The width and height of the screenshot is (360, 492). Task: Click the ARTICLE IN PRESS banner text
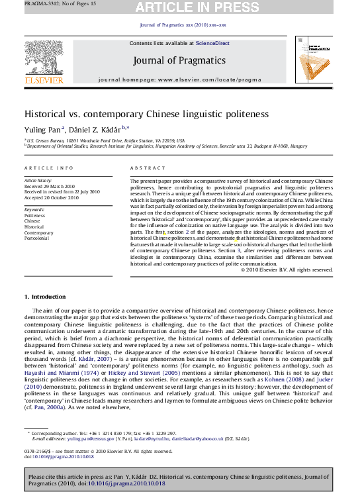[197, 8]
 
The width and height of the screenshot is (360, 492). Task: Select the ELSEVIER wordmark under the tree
[44, 80]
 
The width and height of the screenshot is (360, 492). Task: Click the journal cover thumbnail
[314, 60]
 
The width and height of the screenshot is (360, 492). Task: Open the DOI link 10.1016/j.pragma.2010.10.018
[126, 484]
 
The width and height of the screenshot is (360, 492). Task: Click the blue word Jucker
[324, 379]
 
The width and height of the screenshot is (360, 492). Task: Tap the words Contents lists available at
[161, 44]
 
